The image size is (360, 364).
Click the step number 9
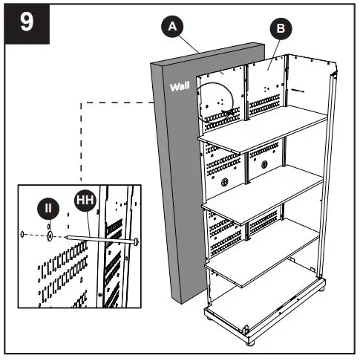tap(27, 22)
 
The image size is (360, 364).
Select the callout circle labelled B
tap(281, 29)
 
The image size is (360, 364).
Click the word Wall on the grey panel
tap(180, 88)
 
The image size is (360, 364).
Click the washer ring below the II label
tap(50, 235)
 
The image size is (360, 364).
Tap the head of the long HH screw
tap(138, 242)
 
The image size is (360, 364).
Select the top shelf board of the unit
tap(264, 126)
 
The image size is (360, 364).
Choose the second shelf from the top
tap(264, 191)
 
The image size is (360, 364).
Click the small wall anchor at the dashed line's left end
tap(24, 235)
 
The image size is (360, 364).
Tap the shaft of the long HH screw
tap(96, 239)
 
